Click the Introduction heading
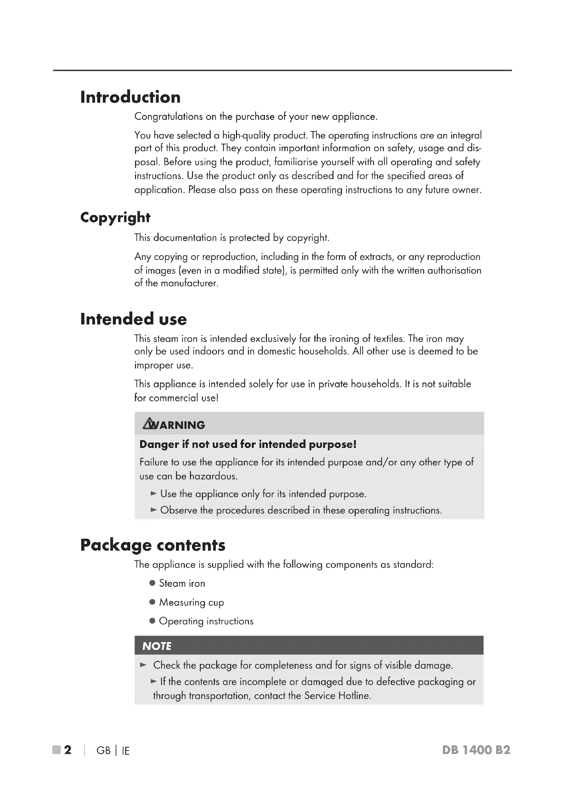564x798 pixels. point(130,97)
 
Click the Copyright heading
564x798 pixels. point(115,218)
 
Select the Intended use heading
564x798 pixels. point(133,319)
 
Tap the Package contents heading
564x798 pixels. point(153,545)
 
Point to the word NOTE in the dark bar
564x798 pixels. point(157,646)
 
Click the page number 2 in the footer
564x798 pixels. point(68,750)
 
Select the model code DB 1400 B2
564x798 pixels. point(476,750)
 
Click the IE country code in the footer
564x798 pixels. point(126,751)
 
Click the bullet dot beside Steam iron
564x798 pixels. point(152,583)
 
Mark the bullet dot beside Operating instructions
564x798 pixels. point(152,621)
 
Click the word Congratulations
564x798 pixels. point(168,117)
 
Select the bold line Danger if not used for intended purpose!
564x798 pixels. point(248,444)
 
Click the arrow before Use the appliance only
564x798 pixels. point(153,494)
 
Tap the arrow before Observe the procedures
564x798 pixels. point(153,510)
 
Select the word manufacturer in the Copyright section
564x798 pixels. point(189,283)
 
